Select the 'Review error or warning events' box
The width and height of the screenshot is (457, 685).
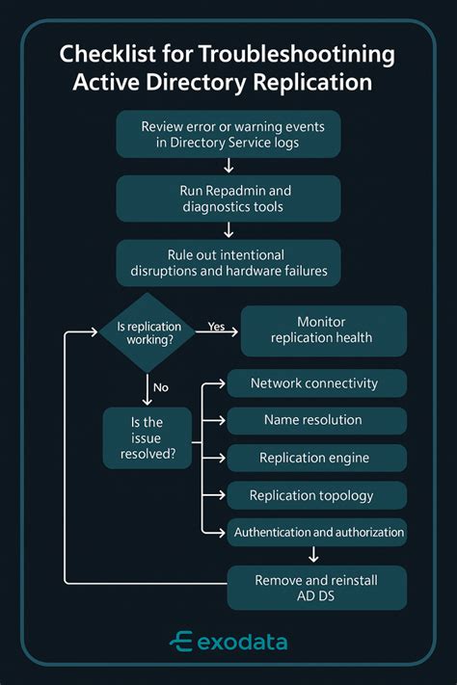[228, 135]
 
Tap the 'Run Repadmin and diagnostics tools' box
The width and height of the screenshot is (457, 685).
[228, 198]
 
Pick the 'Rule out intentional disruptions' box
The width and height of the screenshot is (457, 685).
[228, 263]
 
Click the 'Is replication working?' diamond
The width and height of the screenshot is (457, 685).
[148, 332]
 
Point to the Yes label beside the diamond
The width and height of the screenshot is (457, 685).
[217, 327]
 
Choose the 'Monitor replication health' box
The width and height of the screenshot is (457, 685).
[322, 330]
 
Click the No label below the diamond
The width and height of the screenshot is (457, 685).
[160, 387]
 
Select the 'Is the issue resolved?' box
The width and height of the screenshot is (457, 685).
[147, 437]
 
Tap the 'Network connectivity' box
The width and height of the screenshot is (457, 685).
[314, 383]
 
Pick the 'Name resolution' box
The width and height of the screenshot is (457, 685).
[314, 420]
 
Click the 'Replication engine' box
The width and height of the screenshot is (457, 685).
[314, 459]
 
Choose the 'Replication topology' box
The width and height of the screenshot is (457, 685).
[314, 495]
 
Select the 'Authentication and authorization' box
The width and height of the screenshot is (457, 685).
[318, 532]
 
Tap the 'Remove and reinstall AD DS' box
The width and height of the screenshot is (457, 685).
[316, 587]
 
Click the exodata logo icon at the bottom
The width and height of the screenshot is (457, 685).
[180, 642]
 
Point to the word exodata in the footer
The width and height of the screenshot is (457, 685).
[241, 642]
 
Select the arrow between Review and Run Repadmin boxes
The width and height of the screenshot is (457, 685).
[228, 166]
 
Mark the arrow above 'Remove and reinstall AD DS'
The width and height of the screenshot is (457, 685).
[313, 554]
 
